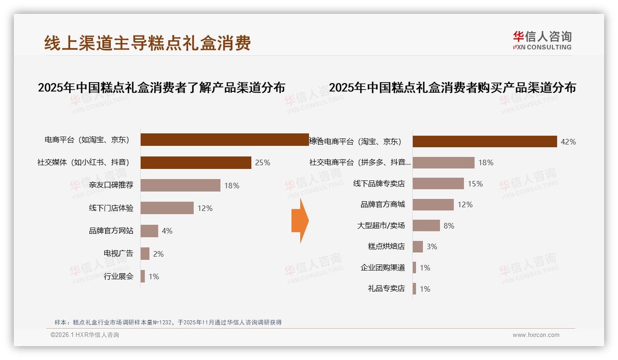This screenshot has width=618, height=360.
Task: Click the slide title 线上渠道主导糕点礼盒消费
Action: [x=148, y=43]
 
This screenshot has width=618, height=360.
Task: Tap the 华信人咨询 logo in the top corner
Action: [x=542, y=40]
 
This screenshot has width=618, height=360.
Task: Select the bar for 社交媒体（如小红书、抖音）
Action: [x=196, y=162]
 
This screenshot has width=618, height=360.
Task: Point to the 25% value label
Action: [x=262, y=162]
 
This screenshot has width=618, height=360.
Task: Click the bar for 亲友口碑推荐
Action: [x=180, y=185]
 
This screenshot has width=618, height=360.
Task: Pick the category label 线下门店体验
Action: [x=111, y=208]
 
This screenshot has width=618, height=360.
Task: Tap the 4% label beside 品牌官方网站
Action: [x=167, y=231]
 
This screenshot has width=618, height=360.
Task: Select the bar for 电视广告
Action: [x=145, y=253]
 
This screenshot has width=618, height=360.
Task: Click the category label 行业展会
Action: [x=119, y=276]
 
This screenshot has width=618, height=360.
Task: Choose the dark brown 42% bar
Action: [x=485, y=142]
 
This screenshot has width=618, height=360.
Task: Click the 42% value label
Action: [x=568, y=142]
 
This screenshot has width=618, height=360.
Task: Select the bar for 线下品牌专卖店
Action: [x=438, y=184]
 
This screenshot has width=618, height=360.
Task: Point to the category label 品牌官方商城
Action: [x=383, y=204]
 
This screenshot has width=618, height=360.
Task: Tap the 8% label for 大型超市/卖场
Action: [x=449, y=226]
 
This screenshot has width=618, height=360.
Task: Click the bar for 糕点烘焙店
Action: [x=418, y=246]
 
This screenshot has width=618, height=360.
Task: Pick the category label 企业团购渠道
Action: [x=383, y=268]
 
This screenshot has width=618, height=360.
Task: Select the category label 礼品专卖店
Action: [x=386, y=288]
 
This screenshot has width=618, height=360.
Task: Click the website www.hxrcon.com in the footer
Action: [x=536, y=335]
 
